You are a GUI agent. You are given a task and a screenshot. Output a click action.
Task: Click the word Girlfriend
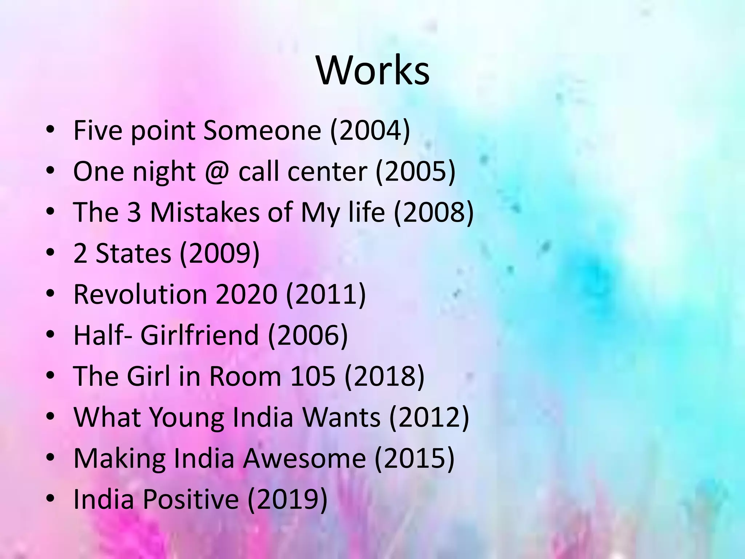(199, 335)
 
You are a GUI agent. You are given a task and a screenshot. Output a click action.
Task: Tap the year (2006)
(308, 335)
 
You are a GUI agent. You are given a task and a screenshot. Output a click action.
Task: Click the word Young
(187, 417)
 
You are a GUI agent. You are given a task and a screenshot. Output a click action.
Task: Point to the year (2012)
(429, 417)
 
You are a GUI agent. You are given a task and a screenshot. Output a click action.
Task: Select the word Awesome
(304, 458)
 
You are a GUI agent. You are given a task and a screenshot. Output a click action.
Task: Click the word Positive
(191, 499)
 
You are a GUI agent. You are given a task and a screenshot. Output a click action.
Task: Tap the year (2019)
(287, 499)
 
